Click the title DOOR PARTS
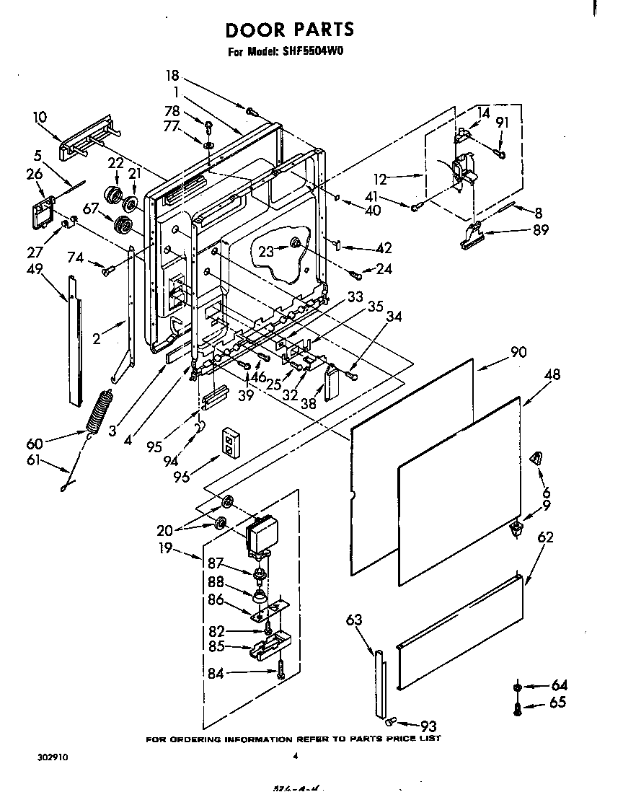[290, 30]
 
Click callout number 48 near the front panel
[552, 375]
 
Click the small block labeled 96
[231, 441]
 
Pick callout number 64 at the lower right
[558, 686]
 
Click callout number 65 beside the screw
[558, 703]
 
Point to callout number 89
[540, 231]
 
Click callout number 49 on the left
[34, 269]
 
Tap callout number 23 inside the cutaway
[268, 251]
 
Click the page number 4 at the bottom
[295, 757]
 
